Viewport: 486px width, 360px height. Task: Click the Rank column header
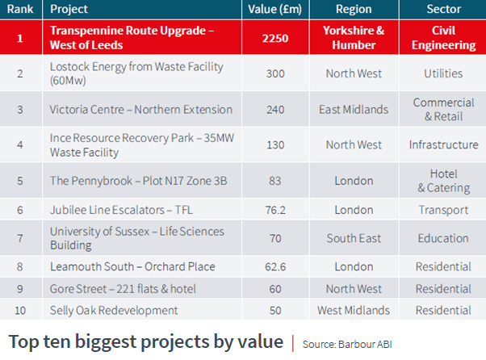(21, 10)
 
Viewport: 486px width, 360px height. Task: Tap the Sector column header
(443, 10)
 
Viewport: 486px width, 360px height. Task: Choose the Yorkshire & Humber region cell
(354, 38)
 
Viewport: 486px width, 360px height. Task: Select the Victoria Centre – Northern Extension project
(140, 110)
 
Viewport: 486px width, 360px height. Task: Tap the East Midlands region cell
(354, 110)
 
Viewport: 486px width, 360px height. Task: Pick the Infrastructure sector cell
(443, 145)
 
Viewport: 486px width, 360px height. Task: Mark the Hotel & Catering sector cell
(443, 181)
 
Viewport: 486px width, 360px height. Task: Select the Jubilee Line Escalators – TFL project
(121, 210)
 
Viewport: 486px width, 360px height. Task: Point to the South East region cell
(354, 239)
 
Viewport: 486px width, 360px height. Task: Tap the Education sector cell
(443, 239)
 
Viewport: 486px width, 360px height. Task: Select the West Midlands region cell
(354, 311)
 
